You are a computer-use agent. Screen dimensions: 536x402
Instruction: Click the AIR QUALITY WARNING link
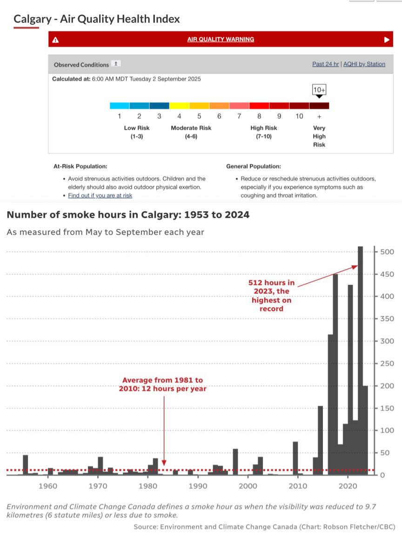(x=221, y=40)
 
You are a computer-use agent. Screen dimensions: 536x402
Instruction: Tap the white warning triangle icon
(x=55, y=40)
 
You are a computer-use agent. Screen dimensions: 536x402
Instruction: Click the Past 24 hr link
(x=326, y=64)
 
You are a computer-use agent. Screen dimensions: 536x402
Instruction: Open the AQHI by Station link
(x=364, y=64)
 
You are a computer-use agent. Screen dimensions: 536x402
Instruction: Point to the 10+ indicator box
(x=319, y=89)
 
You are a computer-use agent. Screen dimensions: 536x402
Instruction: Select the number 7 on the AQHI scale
(x=239, y=116)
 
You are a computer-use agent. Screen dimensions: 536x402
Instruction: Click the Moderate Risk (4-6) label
(x=191, y=132)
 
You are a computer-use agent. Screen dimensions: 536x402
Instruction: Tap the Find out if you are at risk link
(x=100, y=195)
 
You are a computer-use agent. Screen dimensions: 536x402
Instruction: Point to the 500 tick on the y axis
(x=387, y=252)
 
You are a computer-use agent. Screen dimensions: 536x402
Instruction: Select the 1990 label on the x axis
(x=198, y=486)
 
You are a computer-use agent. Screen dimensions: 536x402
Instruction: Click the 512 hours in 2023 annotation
(x=272, y=295)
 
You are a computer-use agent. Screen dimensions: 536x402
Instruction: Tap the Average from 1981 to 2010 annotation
(x=162, y=384)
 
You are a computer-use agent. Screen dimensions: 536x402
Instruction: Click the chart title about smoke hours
(x=128, y=215)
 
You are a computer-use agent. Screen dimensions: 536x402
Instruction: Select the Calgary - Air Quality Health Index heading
(x=97, y=19)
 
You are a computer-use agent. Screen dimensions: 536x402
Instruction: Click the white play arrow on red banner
(x=387, y=40)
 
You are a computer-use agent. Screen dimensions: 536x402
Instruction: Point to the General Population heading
(x=253, y=166)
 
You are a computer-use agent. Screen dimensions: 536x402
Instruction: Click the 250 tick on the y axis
(x=387, y=363)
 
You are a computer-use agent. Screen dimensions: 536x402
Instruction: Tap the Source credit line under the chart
(x=264, y=527)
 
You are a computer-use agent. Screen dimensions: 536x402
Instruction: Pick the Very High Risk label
(x=319, y=136)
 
